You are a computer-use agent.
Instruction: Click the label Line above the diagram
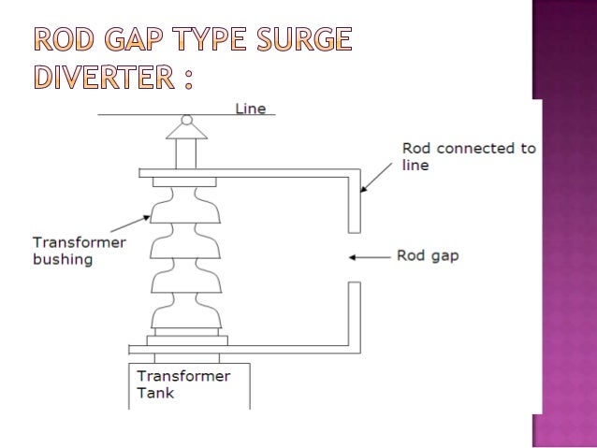point(250,108)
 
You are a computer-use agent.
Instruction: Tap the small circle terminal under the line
point(187,120)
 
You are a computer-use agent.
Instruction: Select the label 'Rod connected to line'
point(468,156)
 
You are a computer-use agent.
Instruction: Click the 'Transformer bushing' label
point(66,251)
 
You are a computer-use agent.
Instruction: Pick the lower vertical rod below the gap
point(354,313)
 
